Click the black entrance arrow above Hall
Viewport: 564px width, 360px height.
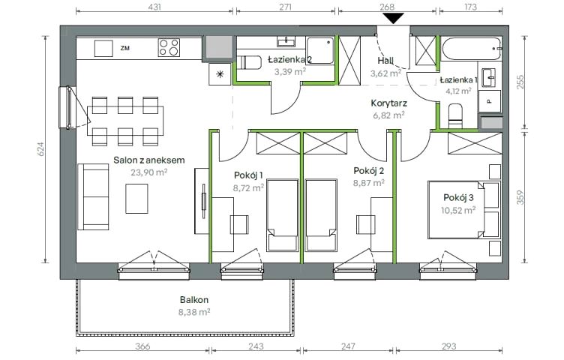point(394,18)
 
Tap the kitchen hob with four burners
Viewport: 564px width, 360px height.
point(169,47)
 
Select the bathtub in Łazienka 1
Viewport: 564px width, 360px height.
point(471,49)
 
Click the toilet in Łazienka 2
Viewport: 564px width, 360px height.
point(250,62)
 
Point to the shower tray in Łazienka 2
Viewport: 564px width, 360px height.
point(320,51)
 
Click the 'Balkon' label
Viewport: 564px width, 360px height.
point(194,299)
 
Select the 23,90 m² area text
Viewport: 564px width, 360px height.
point(149,172)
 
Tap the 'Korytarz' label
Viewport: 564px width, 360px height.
point(388,103)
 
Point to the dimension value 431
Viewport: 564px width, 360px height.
point(154,7)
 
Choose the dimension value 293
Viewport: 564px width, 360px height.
point(448,346)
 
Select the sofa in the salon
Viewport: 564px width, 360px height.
point(94,196)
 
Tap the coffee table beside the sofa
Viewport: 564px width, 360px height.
point(136,199)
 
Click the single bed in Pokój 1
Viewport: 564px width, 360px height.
point(283,215)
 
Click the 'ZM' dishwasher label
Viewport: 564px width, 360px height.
point(125,48)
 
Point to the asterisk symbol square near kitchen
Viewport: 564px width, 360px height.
point(220,74)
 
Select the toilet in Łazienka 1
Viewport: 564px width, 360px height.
point(456,115)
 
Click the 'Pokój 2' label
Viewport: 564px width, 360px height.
point(369,170)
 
